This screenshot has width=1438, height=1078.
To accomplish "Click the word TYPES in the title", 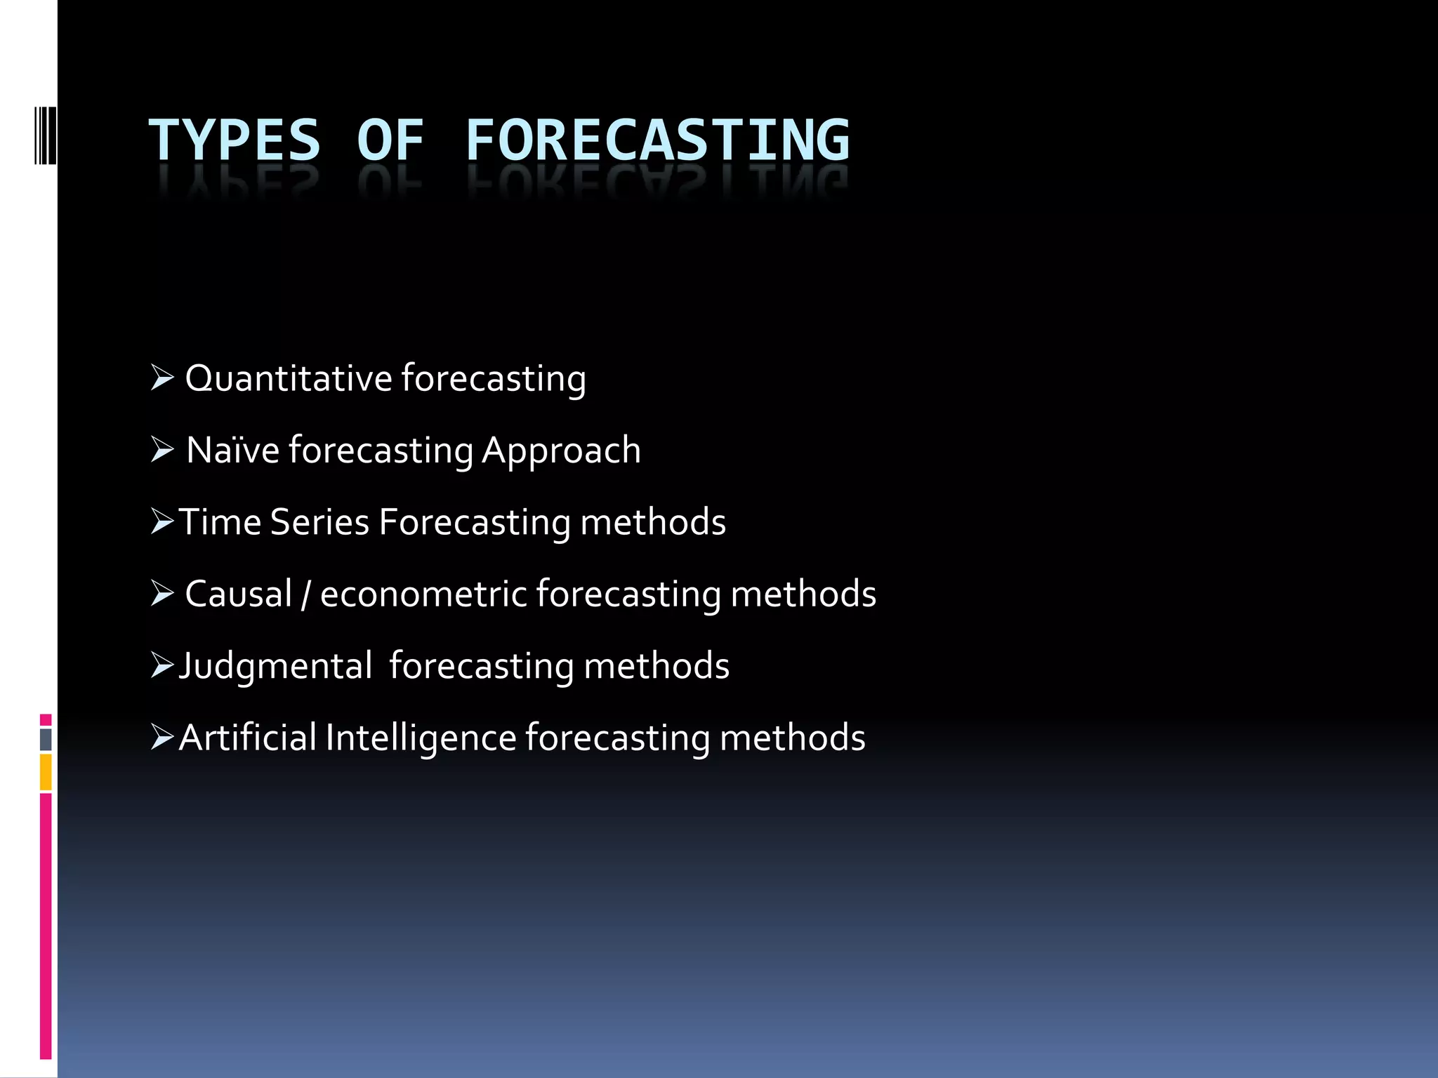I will click(x=234, y=140).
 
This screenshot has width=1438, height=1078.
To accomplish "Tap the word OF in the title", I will click(x=390, y=140).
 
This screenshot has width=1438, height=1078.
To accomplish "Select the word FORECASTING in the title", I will click(x=657, y=140).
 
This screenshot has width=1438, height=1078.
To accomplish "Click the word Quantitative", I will click(x=288, y=378).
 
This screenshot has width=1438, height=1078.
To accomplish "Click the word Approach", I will click(x=561, y=450).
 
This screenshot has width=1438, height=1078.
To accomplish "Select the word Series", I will click(x=319, y=522).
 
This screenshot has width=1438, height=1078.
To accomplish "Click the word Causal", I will click(x=238, y=594).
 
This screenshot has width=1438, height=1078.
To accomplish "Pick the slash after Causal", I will click(x=305, y=595).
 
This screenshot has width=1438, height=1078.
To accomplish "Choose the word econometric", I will click(x=423, y=594).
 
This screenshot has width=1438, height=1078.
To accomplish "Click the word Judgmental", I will click(x=275, y=666).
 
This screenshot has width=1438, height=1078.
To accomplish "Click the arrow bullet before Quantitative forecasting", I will click(x=162, y=378).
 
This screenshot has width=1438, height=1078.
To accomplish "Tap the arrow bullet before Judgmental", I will click(x=162, y=665).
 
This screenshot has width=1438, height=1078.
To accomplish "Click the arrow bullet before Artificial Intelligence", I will click(x=162, y=738).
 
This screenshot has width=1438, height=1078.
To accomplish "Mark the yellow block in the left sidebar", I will click(x=46, y=771).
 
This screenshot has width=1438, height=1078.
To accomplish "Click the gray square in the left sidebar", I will click(x=46, y=739).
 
